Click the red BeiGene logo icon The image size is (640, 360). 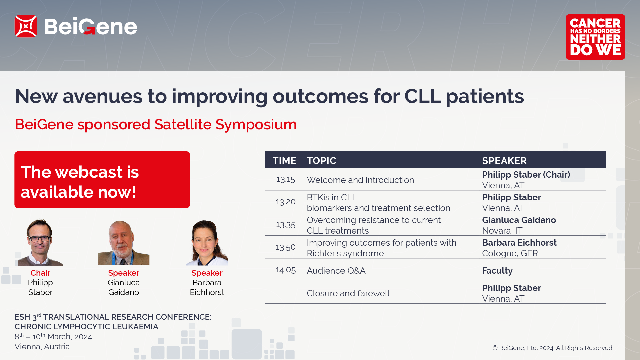click(x=26, y=26)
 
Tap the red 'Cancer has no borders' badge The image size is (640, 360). click(x=595, y=37)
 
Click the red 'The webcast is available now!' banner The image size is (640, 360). click(x=102, y=180)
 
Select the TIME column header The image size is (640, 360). click(x=284, y=161)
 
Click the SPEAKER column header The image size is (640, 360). click(x=504, y=161)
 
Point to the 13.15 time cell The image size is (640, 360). click(x=286, y=179)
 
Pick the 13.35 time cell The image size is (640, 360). click(x=286, y=225)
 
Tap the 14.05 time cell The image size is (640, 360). click(x=286, y=270)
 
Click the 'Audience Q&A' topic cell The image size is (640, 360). click(x=336, y=271)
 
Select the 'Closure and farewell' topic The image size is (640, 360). click(x=348, y=293)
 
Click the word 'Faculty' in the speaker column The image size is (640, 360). click(x=497, y=271)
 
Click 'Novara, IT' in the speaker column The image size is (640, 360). click(x=502, y=231)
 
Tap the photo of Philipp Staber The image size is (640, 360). click(x=40, y=242)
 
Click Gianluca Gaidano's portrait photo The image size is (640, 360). click(x=124, y=243)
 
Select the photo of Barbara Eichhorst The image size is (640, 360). click(x=207, y=243)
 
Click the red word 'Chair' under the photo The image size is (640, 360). click(x=40, y=273)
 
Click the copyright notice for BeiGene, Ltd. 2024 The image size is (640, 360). click(x=553, y=348)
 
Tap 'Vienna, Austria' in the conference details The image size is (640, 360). click(x=42, y=347)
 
